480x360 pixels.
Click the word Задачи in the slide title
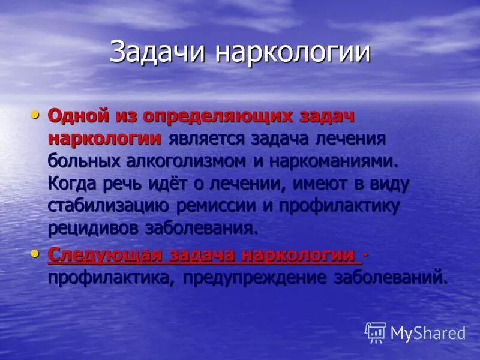click(158, 52)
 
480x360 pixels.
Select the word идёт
click(158, 184)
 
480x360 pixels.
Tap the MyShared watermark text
click(428, 333)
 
